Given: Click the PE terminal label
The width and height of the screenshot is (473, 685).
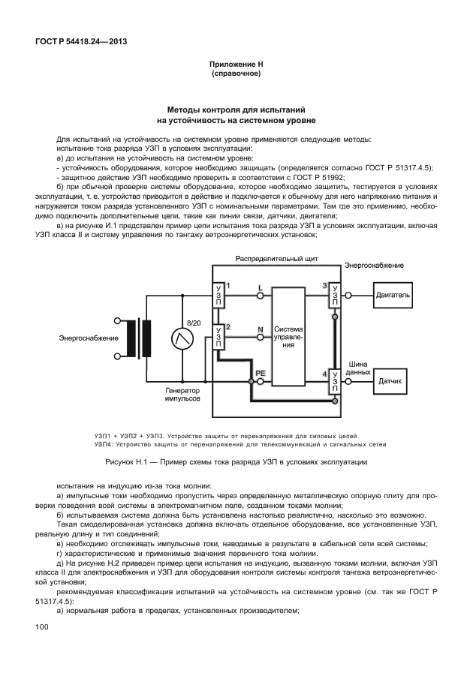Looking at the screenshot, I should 260,372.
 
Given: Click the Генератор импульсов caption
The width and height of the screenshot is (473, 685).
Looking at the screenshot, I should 182,395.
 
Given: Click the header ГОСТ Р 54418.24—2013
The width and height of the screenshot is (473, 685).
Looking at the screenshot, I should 80,41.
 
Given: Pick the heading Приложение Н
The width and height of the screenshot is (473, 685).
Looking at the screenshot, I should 236,66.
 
